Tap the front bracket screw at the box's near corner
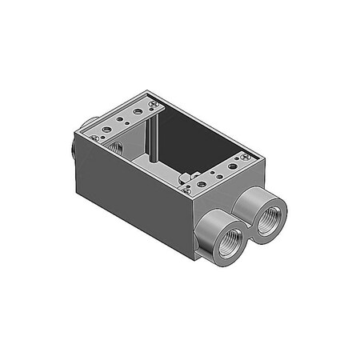[x=185, y=189]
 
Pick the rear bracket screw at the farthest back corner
[x=150, y=102]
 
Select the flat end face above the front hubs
[x=232, y=192]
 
